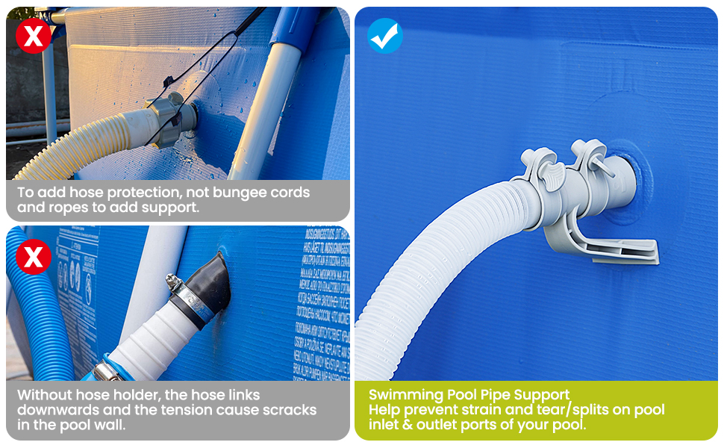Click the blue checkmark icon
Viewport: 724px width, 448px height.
coord(385,36)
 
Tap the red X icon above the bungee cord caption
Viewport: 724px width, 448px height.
coord(34,36)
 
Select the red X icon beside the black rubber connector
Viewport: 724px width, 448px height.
coord(34,258)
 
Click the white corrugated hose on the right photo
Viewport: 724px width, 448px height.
coord(418,284)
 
